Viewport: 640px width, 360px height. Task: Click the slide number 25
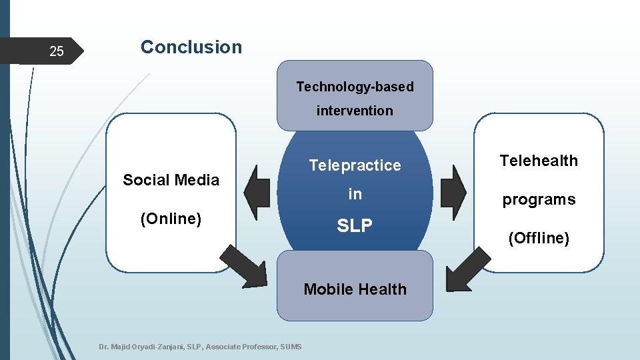pyautogui.click(x=57, y=51)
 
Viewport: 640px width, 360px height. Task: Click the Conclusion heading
pyautogui.click(x=191, y=47)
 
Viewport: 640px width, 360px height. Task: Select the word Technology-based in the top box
pyautogui.click(x=355, y=87)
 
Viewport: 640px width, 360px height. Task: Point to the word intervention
pyautogui.click(x=355, y=111)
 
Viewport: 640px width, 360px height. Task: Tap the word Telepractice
pyautogui.click(x=355, y=165)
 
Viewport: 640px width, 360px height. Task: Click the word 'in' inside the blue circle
pyautogui.click(x=355, y=194)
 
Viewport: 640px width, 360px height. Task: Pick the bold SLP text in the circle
pyautogui.click(x=355, y=226)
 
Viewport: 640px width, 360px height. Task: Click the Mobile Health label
pyautogui.click(x=355, y=289)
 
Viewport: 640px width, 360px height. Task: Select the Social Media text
pyautogui.click(x=171, y=180)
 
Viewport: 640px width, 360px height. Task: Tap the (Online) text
pyautogui.click(x=171, y=219)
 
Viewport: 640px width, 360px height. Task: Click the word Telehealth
pyautogui.click(x=539, y=161)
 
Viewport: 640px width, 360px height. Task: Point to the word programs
pyautogui.click(x=539, y=199)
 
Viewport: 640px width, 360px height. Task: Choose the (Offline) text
pyautogui.click(x=539, y=238)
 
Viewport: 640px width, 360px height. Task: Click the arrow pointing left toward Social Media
pyautogui.click(x=261, y=192)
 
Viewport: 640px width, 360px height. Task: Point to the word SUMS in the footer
pyautogui.click(x=291, y=347)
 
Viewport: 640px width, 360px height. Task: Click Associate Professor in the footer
pyautogui.click(x=242, y=347)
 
